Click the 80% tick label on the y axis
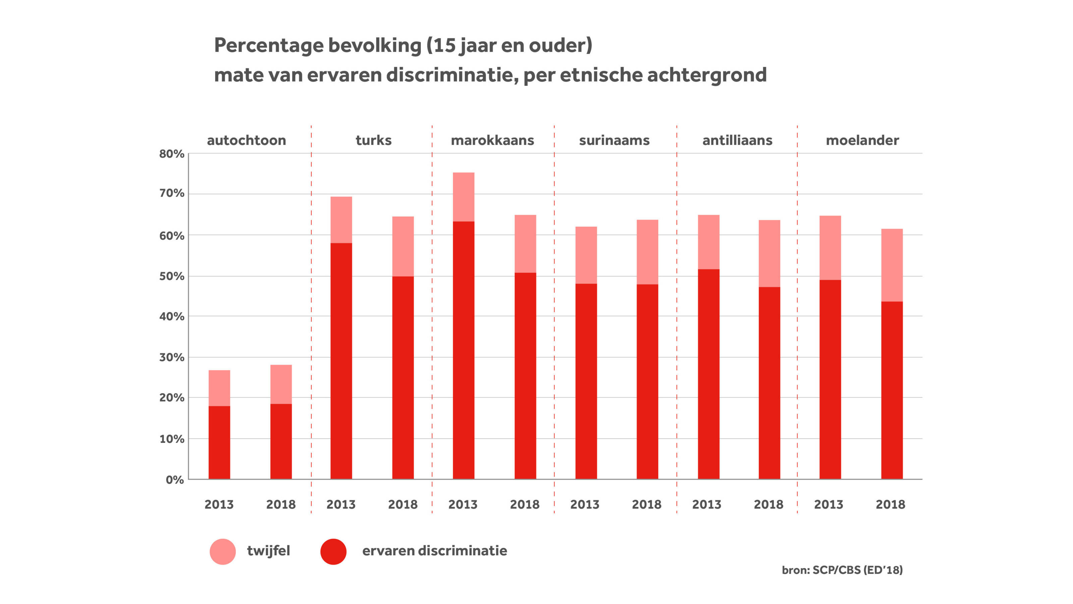click(x=172, y=154)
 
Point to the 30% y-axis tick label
click(x=172, y=357)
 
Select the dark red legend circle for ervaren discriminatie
click(x=333, y=551)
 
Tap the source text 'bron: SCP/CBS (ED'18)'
click(x=842, y=570)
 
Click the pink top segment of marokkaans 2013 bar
click(x=464, y=197)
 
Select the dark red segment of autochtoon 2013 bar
click(x=219, y=442)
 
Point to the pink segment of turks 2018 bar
click(x=403, y=246)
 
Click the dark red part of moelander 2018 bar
click(x=892, y=390)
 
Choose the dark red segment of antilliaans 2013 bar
click(x=709, y=374)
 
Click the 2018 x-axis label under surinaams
click(x=646, y=504)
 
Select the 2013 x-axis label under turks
click(x=341, y=504)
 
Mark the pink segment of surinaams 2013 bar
click(x=586, y=255)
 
